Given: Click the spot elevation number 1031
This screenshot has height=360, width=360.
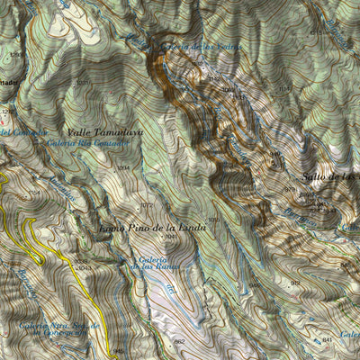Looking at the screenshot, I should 82,83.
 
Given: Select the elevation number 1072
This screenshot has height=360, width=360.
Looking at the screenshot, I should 146,181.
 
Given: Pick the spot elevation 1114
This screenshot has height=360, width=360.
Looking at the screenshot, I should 284,88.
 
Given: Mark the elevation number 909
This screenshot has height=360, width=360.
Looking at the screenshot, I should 296,283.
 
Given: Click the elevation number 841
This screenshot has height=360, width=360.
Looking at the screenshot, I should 327,339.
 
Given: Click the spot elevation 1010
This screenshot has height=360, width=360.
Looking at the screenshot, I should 213,219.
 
